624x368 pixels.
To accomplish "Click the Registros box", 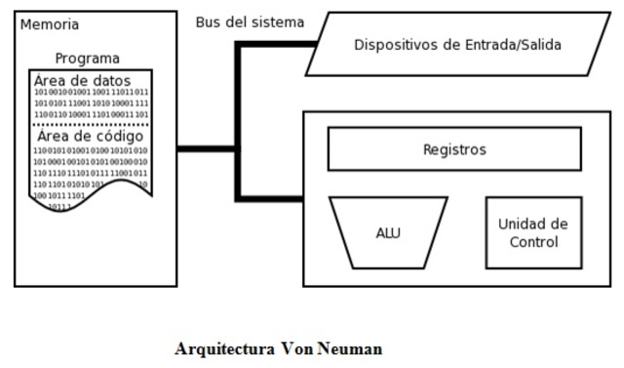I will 453,149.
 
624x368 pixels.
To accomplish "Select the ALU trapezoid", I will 388,232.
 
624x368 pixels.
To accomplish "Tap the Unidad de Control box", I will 532,232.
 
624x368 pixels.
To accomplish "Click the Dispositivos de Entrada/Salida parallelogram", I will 456,44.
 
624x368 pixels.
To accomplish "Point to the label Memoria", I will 50,24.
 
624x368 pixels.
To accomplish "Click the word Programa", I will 88,59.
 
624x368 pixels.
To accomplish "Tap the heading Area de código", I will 89,137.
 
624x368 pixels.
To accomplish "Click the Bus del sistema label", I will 250,21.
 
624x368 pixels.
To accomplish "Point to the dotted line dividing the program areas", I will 91,125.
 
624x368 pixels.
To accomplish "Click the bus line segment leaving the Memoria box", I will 207,149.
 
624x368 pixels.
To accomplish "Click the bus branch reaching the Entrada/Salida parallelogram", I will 278,44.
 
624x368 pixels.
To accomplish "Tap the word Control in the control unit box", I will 533,242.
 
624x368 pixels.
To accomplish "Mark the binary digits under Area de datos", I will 91,103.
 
